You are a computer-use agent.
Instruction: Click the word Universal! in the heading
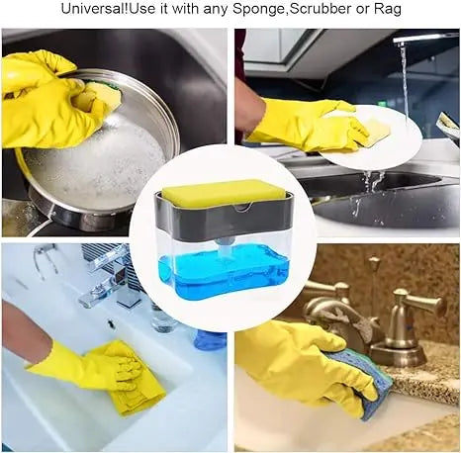pyautogui.click(x=95, y=10)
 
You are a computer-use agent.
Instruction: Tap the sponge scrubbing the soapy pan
pyautogui.click(x=100, y=96)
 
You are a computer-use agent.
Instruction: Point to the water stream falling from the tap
pyautogui.click(x=404, y=79)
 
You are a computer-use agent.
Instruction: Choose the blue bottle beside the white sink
pyautogui.click(x=209, y=339)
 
